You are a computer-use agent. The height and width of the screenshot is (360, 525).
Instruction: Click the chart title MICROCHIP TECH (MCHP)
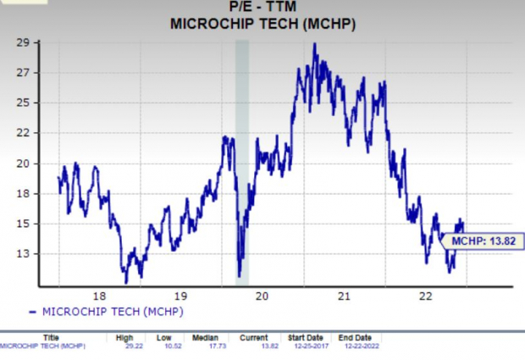click(x=262, y=23)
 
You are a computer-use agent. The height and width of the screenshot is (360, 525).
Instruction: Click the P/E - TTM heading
click(x=262, y=8)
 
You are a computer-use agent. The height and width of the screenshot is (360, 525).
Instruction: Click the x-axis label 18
click(x=99, y=296)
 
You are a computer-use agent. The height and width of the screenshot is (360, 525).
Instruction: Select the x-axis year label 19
click(x=180, y=296)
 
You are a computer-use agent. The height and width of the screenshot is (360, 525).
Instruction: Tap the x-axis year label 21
click(x=344, y=296)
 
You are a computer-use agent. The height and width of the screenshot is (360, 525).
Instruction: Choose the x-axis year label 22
click(x=425, y=296)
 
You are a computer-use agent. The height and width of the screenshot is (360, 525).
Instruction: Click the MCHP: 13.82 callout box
click(x=480, y=241)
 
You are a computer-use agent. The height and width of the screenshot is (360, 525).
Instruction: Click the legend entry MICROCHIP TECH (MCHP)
click(x=111, y=311)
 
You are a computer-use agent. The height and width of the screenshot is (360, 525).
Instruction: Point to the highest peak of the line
click(x=315, y=44)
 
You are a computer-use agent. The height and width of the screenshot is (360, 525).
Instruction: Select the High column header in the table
click(x=124, y=337)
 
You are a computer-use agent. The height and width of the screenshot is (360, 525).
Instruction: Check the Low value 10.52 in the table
click(x=163, y=346)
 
